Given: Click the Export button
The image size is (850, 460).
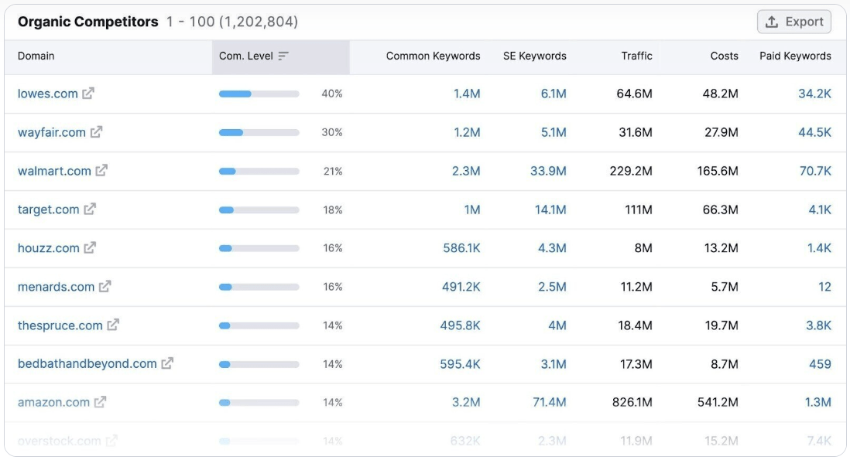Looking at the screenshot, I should (x=793, y=22).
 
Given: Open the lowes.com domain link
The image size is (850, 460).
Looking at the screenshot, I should (x=48, y=94).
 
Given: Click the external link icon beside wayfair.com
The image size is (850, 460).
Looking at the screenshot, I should (x=96, y=132).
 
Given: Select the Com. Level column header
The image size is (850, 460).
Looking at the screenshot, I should (x=246, y=56).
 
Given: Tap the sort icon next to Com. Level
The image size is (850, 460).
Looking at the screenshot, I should (x=283, y=56).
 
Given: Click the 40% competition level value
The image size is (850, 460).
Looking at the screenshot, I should (x=332, y=94).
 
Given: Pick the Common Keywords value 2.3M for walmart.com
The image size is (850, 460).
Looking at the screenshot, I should (x=466, y=171).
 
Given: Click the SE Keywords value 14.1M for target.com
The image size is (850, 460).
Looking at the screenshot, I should (x=550, y=210).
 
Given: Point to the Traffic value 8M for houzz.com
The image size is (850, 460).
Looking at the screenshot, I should (x=643, y=248).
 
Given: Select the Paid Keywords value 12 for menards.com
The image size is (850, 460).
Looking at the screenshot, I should (x=824, y=287).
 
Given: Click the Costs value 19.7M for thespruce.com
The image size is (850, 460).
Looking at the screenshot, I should (x=721, y=325).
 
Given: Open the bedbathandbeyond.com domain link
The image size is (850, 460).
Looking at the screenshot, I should (x=87, y=363).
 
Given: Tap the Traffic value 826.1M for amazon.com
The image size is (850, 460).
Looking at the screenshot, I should (x=631, y=402).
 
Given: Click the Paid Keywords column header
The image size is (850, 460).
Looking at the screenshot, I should (x=795, y=56).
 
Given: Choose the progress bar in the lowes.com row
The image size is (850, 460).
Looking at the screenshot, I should (x=259, y=94).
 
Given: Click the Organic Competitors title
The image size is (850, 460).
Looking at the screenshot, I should (x=88, y=22).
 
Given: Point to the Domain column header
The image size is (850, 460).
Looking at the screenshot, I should (x=36, y=56).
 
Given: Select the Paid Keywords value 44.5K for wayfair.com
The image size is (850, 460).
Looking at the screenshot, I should (x=814, y=132).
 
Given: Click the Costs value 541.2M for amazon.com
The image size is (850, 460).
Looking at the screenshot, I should (x=718, y=402).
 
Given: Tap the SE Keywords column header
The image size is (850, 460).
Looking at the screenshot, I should (x=534, y=56).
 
